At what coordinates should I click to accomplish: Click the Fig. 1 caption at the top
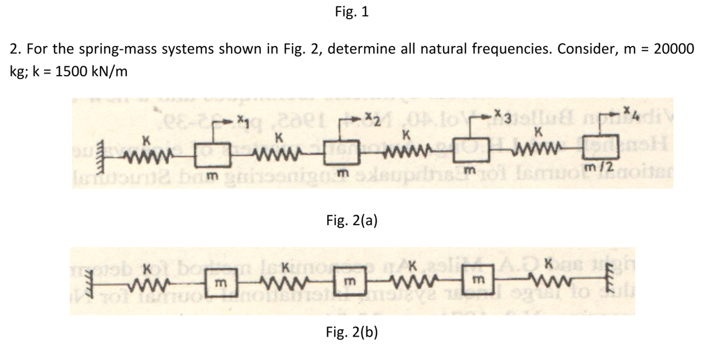(352, 12)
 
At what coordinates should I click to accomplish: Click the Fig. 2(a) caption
(352, 220)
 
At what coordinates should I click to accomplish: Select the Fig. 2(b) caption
(352, 332)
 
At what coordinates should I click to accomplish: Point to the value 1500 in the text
(71, 71)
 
